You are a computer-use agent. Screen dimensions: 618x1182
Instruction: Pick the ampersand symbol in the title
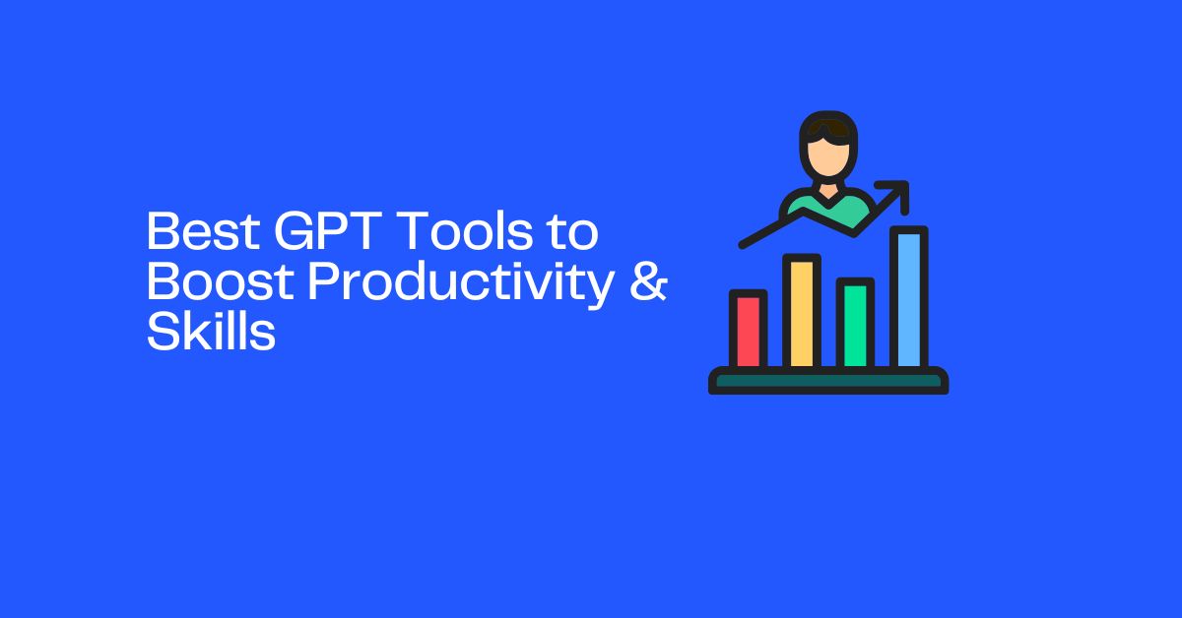point(646,284)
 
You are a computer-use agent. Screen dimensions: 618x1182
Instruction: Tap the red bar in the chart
point(748,331)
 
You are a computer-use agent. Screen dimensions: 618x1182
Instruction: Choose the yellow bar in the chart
point(802,313)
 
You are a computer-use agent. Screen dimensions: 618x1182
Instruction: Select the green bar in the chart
point(855,325)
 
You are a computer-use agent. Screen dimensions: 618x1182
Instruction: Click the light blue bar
point(909,299)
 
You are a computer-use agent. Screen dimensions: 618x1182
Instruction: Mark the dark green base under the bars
point(828,381)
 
